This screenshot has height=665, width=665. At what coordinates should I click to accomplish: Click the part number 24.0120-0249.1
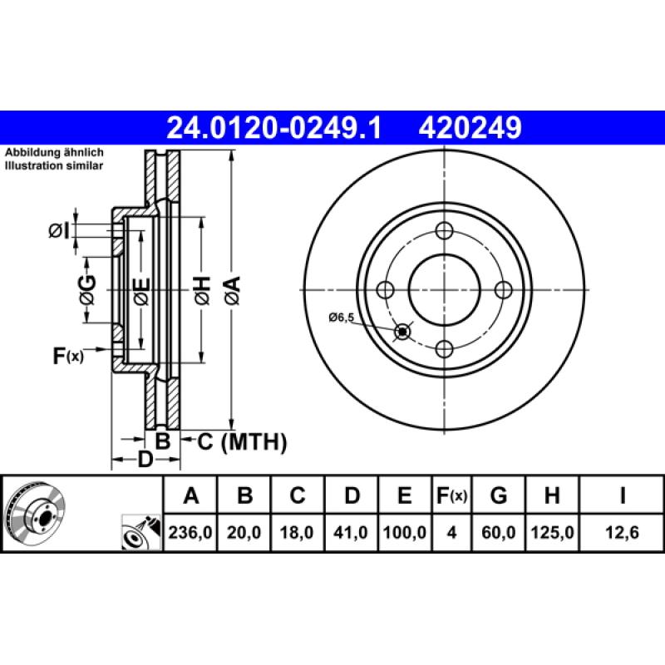(x=273, y=128)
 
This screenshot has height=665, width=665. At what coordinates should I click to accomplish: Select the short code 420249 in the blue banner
(x=470, y=128)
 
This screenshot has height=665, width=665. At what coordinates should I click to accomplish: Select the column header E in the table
(x=404, y=497)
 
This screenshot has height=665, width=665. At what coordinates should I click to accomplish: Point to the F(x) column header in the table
(x=452, y=497)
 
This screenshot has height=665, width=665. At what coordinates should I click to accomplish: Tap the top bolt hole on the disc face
(x=444, y=231)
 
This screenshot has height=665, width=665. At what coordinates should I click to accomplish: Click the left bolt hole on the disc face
(x=385, y=289)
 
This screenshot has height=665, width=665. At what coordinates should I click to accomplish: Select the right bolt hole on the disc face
(x=503, y=289)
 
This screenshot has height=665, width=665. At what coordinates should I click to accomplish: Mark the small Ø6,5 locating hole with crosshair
(x=403, y=332)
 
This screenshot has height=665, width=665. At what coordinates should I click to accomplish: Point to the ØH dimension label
(x=202, y=290)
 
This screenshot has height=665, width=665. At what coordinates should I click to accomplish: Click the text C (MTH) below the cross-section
(x=242, y=442)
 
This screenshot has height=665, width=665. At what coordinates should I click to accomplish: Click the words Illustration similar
(x=54, y=166)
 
